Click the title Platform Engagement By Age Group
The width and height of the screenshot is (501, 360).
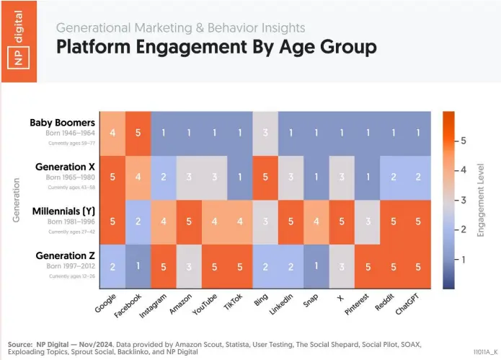pyautogui.click(x=216, y=48)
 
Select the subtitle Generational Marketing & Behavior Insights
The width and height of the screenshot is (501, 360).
pyautogui.click(x=180, y=28)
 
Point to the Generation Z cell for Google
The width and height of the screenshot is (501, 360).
pyautogui.click(x=112, y=265)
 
